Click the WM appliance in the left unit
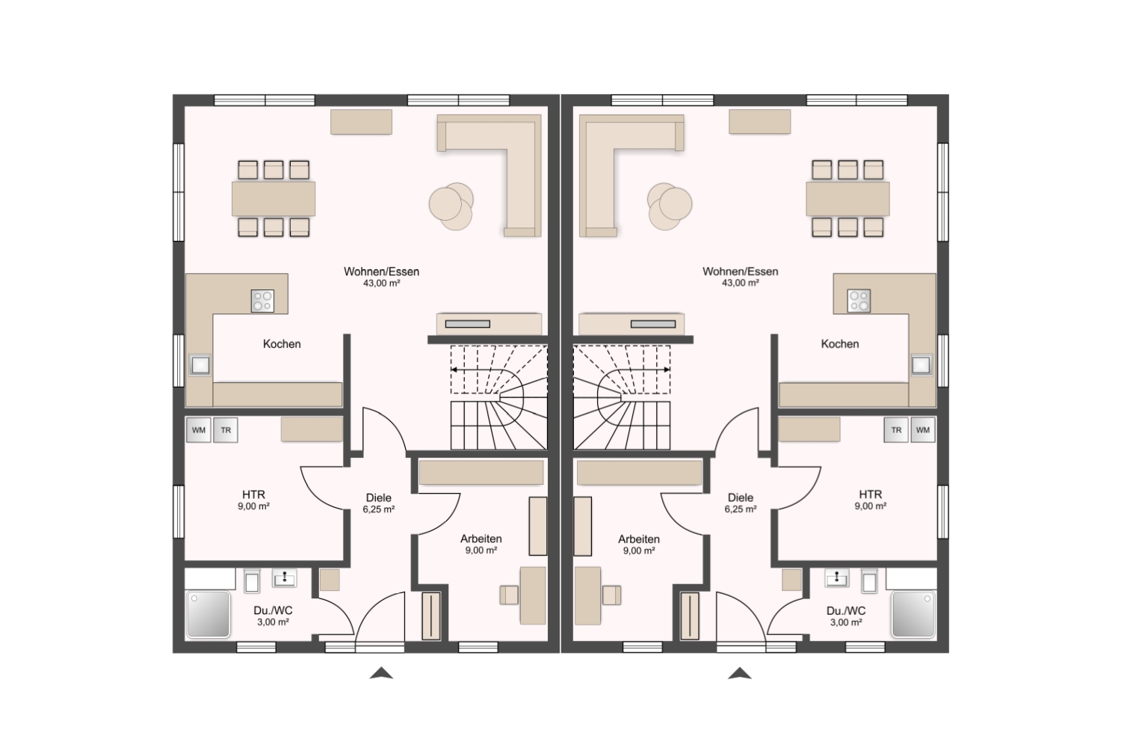tap(199, 430)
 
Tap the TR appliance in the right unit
tap(896, 430)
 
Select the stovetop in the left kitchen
tap(263, 301)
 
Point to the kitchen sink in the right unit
tap(921, 365)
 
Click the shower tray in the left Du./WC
tap(209, 614)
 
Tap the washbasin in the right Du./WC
tap(837, 578)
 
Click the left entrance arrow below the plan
tap(381, 673)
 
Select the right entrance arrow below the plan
tap(740, 673)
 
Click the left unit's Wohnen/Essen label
tap(381, 272)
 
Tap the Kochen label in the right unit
tap(840, 344)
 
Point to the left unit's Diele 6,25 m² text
tap(379, 503)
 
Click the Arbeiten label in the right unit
tap(639, 539)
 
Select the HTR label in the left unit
tap(254, 494)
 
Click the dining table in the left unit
tap(274, 199)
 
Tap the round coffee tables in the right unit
tap(670, 206)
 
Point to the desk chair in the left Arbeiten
tap(509, 595)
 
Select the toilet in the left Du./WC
tap(252, 581)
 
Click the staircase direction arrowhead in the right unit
tap(667, 370)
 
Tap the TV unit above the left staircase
tap(489, 324)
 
